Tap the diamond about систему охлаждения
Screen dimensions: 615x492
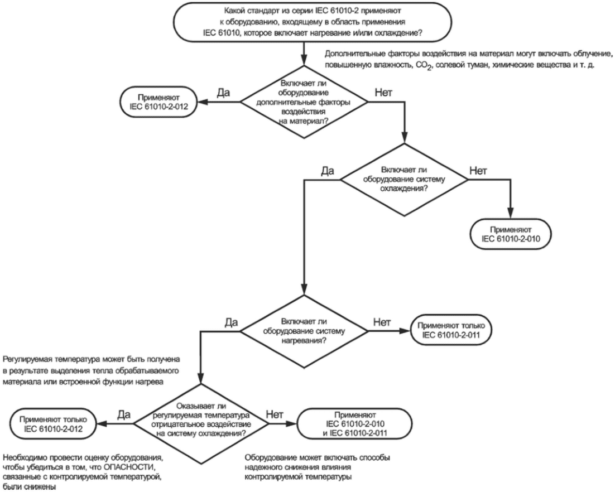(404, 180)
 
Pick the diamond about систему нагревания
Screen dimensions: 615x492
(304, 331)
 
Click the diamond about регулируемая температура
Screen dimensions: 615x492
(201, 424)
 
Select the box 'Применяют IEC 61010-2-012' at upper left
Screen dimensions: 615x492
(158, 102)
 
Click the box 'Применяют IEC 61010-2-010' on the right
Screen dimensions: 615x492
(511, 234)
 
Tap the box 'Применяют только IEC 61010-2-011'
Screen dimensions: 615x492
(451, 330)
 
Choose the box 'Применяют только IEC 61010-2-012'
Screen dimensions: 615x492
(54, 424)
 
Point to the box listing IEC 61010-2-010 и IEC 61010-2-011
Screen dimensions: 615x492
(355, 424)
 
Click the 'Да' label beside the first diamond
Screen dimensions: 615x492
(224, 93)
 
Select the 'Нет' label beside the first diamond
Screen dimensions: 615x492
(383, 93)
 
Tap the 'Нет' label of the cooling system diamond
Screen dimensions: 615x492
(478, 171)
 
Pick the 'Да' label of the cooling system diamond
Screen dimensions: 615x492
(328, 171)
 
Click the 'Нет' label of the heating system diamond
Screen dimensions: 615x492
(382, 322)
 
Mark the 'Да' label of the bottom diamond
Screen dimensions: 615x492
(124, 415)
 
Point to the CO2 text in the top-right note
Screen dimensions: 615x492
(424, 65)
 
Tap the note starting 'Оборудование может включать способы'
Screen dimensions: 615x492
(318, 467)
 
